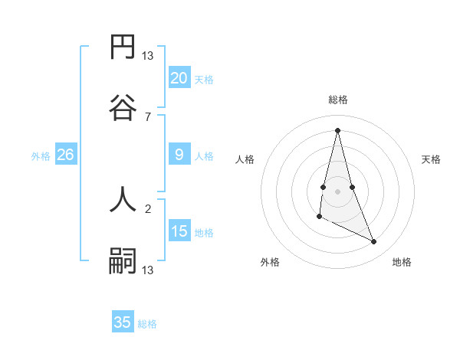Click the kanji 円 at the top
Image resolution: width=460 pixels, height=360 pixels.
[x=123, y=48]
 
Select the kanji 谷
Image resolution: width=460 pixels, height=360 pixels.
[x=123, y=106]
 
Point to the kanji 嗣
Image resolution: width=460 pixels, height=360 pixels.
[x=123, y=260]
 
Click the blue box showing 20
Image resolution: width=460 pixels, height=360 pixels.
[x=179, y=77]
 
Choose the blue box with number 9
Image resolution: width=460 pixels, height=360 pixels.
[x=179, y=155]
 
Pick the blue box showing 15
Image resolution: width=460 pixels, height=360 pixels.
[x=179, y=231]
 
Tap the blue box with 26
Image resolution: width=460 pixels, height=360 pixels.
[x=65, y=155]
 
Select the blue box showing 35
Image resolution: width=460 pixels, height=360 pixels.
[x=123, y=322]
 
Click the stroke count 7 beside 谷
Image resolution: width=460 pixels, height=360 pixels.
[x=148, y=117]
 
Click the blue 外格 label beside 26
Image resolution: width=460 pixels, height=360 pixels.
[x=41, y=156]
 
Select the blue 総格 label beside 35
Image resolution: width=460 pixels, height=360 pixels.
[x=147, y=324]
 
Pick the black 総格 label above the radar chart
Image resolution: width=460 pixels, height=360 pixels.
[x=338, y=100]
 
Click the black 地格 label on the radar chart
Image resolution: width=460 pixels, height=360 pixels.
[x=402, y=263]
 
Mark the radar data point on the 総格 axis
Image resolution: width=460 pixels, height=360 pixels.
[x=338, y=129]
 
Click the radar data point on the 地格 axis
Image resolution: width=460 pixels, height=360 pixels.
[x=374, y=242]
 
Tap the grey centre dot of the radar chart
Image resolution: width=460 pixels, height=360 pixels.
[x=338, y=190]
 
